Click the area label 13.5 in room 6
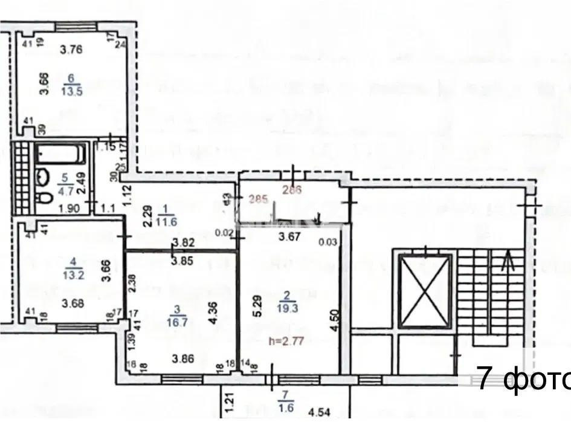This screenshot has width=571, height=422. tap(73, 91)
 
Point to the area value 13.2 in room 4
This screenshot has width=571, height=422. tap(74, 273)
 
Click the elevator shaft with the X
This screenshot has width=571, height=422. tap(425, 290)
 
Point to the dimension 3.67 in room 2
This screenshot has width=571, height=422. tap(290, 238)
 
